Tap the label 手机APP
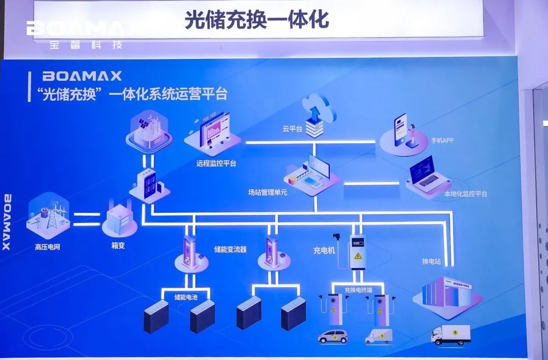(x=442, y=140)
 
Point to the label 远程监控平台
(x=216, y=164)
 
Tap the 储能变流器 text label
(x=230, y=249)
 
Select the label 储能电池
(x=186, y=297)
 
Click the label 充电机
(x=324, y=249)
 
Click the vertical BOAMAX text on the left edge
(x=7, y=222)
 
